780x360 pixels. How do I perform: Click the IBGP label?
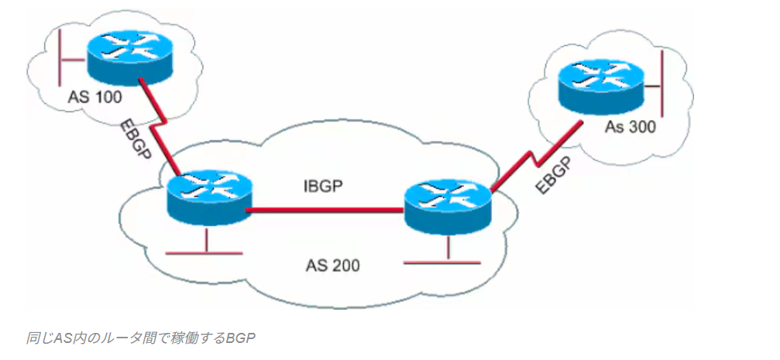(322, 187)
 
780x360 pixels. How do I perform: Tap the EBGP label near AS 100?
(136, 139)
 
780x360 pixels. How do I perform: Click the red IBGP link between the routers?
(325, 208)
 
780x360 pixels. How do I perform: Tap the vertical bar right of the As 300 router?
(664, 78)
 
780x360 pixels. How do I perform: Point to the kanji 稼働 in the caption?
(191, 338)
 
